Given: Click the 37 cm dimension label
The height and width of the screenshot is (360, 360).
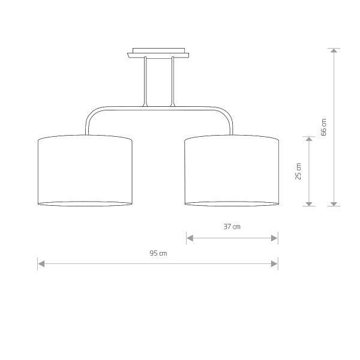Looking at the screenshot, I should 232,227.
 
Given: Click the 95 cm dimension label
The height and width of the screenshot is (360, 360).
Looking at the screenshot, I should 158,253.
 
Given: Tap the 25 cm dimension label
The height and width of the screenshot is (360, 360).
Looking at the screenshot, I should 298,171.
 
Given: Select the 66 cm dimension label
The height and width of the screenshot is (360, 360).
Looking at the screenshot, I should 324,128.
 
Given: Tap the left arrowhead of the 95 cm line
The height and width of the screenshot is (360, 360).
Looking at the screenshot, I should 41,263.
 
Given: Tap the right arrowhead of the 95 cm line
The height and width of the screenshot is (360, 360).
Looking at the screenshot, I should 275,263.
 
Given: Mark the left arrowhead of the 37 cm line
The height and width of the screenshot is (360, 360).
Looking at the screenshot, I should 190,238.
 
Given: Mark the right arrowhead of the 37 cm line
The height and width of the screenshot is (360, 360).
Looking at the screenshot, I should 275,238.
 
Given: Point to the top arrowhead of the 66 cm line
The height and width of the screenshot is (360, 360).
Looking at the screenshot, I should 334,52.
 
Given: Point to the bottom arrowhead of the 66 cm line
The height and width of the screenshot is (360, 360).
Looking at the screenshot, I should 334,203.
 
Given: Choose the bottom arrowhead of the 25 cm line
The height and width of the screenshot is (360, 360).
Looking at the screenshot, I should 309,203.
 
